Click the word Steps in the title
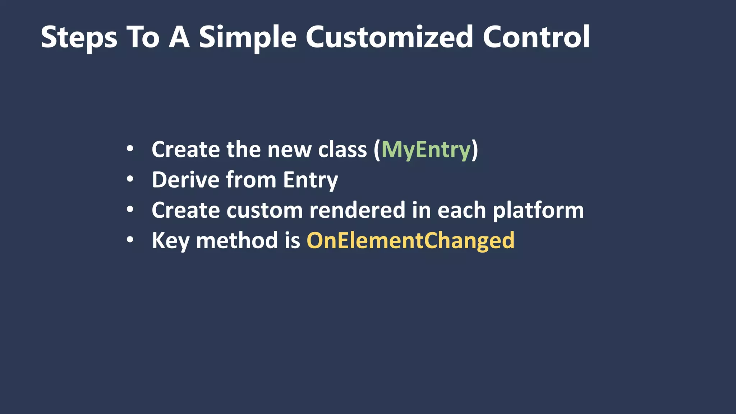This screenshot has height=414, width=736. pyautogui.click(x=79, y=37)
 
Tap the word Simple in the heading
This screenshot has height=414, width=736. pyautogui.click(x=248, y=37)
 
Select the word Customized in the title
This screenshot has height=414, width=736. pyautogui.click(x=389, y=37)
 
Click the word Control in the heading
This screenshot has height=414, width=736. pyautogui.click(x=536, y=37)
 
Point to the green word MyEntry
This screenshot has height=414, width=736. pyautogui.click(x=426, y=149)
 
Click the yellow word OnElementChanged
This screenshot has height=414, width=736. pyautogui.click(x=410, y=240)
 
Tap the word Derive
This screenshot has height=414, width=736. pyautogui.click(x=185, y=180)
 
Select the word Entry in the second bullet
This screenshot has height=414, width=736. pyautogui.click(x=310, y=180)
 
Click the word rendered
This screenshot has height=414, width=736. pyautogui.click(x=357, y=210)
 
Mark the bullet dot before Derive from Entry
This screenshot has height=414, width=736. pyautogui.click(x=130, y=179)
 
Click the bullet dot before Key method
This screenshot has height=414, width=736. pyautogui.click(x=130, y=240)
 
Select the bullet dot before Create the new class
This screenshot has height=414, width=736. pyautogui.click(x=130, y=148)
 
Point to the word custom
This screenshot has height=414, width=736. pyautogui.click(x=264, y=210)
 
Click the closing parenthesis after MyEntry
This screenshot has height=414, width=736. pyautogui.click(x=475, y=149)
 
